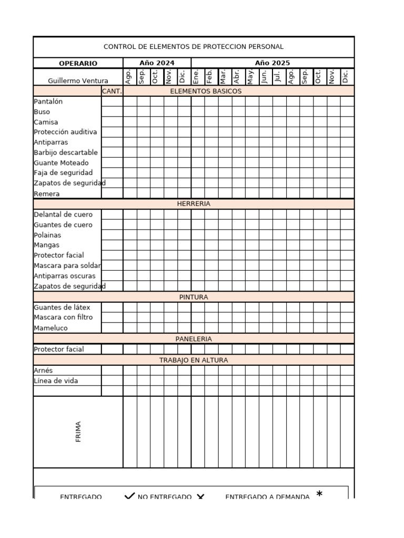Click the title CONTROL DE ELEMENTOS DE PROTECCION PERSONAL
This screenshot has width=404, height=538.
[x=194, y=47]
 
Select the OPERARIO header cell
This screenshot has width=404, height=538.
[x=78, y=63]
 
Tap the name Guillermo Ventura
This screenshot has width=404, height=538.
[x=78, y=81]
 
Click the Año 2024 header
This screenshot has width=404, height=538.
[x=157, y=63]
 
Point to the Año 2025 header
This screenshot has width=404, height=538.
[x=272, y=63]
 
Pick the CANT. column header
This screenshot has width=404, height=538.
[x=112, y=91]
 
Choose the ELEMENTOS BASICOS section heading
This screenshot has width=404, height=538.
[x=206, y=91]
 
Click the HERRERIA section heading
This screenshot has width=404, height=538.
[x=194, y=204]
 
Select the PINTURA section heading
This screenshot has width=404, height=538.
[x=194, y=297]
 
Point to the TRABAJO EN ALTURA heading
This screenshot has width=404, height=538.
[x=194, y=360]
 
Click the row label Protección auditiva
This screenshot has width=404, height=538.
[x=65, y=132]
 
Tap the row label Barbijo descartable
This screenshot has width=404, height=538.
[x=66, y=152]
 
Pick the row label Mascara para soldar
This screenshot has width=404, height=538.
[x=67, y=265]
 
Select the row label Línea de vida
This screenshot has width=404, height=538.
[x=56, y=381]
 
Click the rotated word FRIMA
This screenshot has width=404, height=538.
[x=78, y=431]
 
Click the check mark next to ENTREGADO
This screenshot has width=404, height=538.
[x=129, y=496]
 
